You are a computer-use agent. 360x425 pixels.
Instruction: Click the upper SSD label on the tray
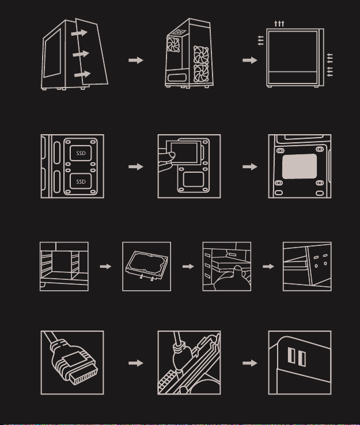(81, 154)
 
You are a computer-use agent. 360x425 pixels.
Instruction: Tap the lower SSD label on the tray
(81, 182)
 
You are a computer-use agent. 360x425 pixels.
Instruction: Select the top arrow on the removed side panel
(80, 33)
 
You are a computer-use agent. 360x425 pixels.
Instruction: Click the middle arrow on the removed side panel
(81, 54)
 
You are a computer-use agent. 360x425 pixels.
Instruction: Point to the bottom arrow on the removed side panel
(82, 75)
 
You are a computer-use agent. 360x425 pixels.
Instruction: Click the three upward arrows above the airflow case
(279, 23)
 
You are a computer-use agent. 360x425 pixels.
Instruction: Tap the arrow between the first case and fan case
(135, 60)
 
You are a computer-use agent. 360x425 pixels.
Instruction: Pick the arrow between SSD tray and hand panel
(135, 166)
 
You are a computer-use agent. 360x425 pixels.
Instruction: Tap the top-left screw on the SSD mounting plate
(281, 151)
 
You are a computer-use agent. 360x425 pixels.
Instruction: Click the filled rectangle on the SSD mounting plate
(300, 166)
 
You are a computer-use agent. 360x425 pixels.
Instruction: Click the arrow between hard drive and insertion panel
(187, 267)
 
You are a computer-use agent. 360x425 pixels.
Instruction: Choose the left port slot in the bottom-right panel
(291, 358)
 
